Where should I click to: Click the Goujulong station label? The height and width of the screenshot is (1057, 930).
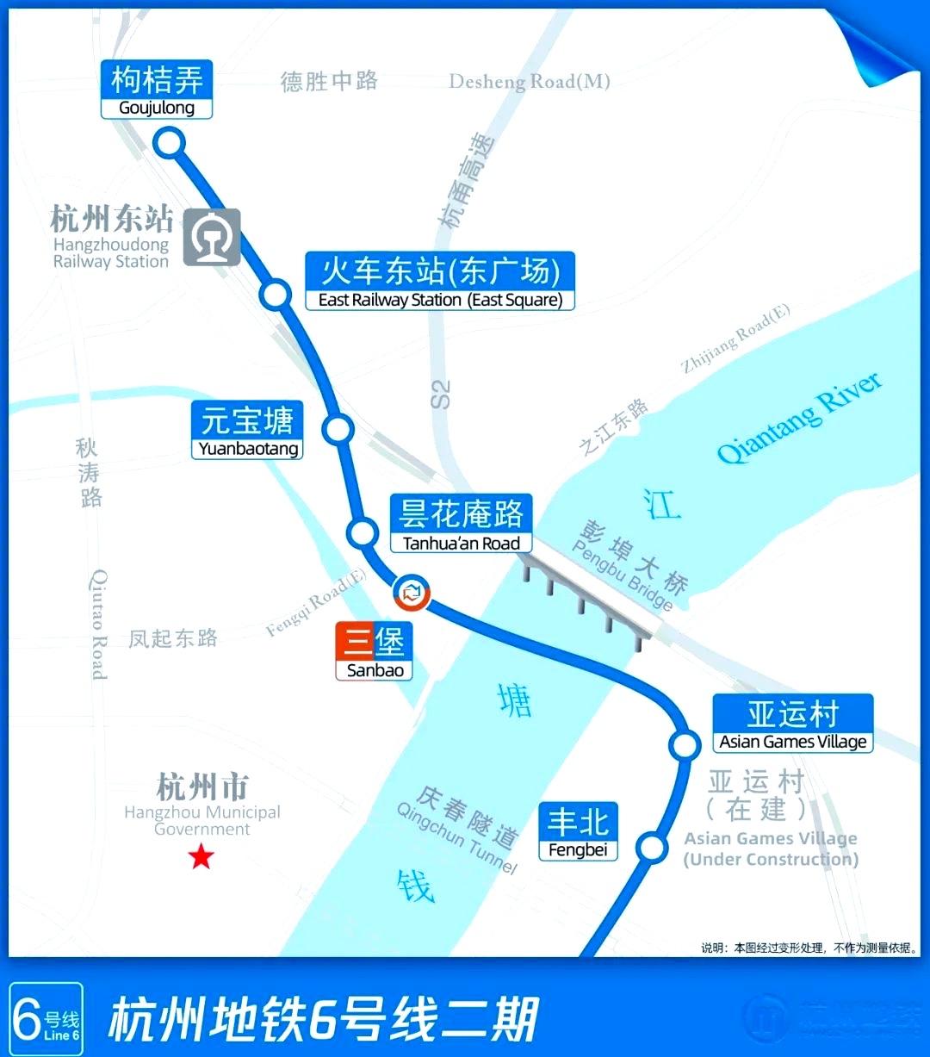click(x=156, y=90)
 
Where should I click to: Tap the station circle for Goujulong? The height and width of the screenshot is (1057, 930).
click(x=170, y=142)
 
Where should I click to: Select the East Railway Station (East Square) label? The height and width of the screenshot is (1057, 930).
click(x=440, y=281)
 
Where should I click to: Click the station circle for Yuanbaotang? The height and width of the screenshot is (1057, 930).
click(x=338, y=428)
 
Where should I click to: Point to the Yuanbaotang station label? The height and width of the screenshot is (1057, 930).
click(x=247, y=431)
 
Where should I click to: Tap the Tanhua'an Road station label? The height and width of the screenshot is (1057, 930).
click(x=461, y=524)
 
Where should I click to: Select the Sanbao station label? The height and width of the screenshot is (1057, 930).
click(x=375, y=651)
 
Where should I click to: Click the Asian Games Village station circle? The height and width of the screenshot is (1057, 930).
click(x=685, y=744)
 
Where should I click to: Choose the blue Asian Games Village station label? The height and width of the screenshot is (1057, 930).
click(x=793, y=724)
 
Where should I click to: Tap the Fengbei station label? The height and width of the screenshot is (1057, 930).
click(x=578, y=831)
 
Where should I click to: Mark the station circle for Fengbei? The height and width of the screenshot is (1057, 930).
click(x=652, y=848)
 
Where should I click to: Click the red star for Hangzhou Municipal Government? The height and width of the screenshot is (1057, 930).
click(x=201, y=856)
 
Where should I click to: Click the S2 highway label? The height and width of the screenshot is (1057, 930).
click(x=440, y=395)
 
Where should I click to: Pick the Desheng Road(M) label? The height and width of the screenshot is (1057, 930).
click(x=530, y=82)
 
